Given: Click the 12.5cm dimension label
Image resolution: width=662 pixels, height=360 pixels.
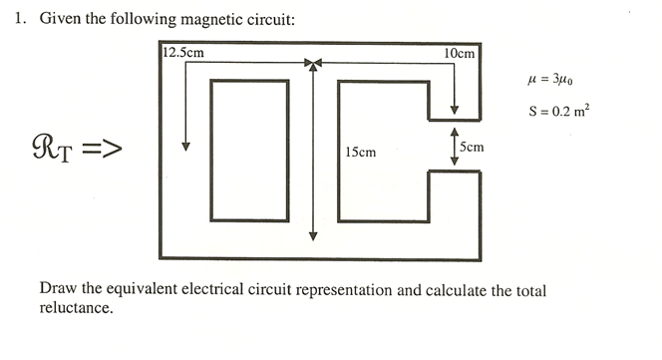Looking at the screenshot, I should click(184, 53).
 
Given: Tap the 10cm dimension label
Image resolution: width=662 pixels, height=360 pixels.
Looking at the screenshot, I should click(460, 53).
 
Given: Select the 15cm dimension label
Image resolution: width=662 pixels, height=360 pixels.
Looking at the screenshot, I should click(360, 152).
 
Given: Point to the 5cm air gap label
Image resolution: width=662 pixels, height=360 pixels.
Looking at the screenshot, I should click(473, 147).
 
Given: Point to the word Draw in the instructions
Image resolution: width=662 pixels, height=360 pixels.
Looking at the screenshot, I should click(57, 289).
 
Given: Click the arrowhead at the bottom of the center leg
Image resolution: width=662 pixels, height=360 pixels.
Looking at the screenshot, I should click(313, 236).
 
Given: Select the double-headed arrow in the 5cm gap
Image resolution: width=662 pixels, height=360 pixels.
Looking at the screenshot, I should click(455, 146).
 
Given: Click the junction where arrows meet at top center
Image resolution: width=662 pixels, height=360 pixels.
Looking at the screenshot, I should click(313, 65).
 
